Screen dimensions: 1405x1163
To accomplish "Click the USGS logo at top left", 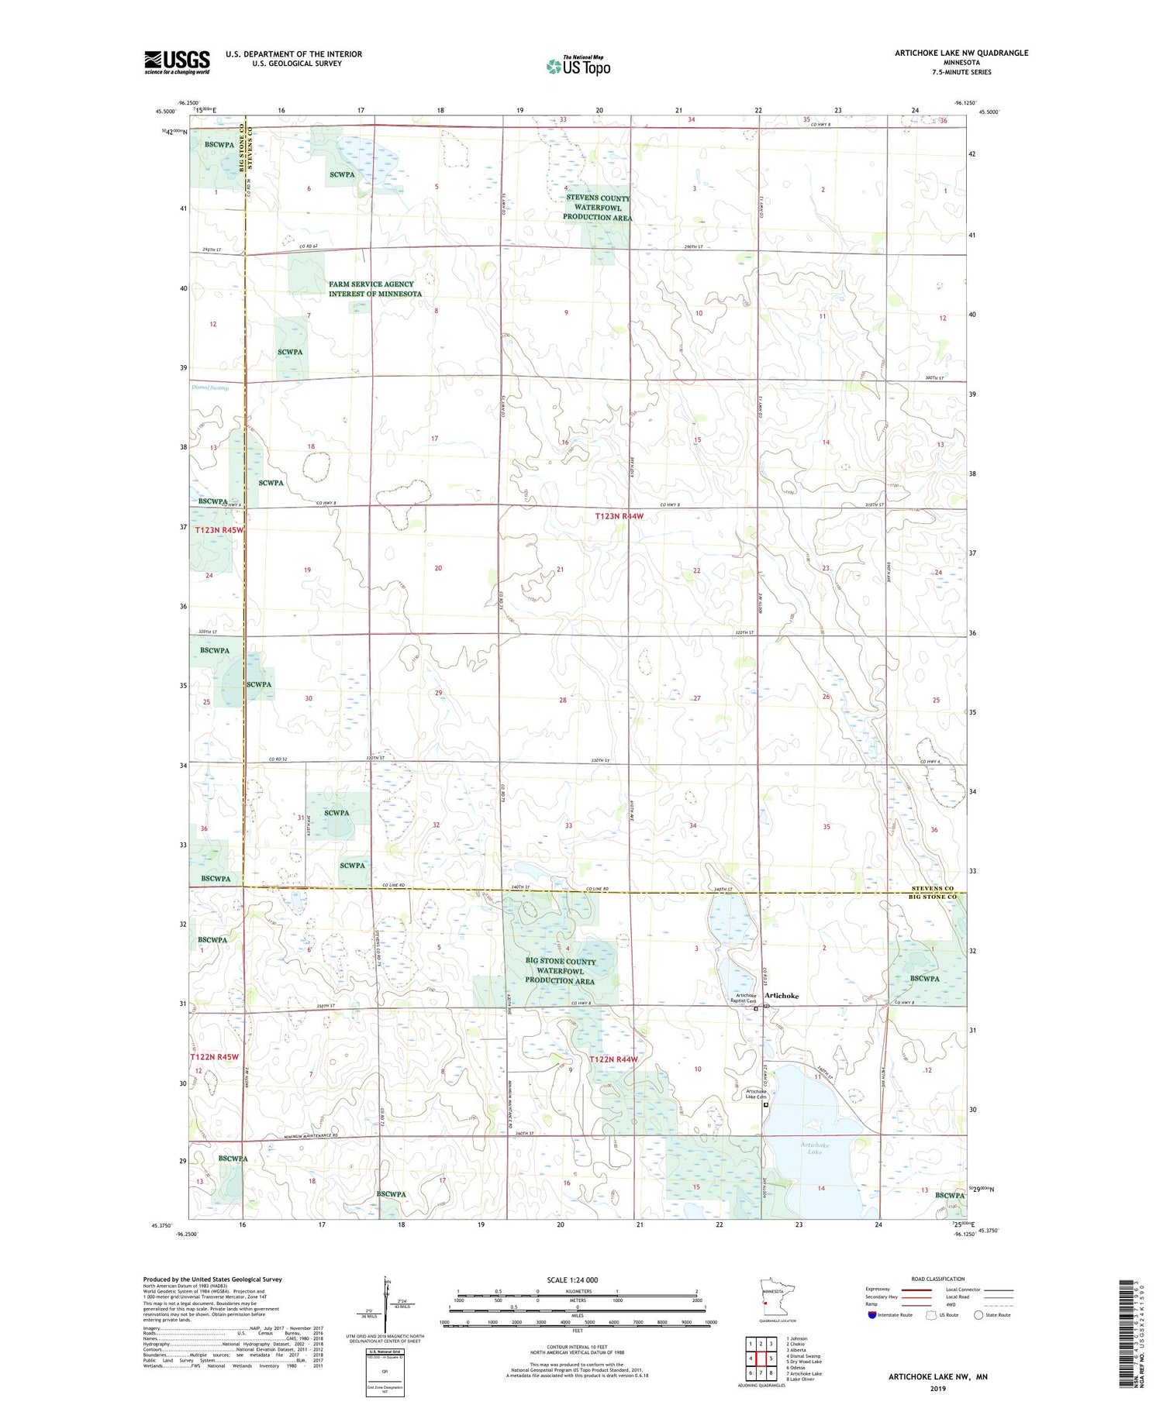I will pyautogui.click(x=177, y=62).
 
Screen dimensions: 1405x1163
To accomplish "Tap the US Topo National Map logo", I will pyautogui.click(x=578, y=66).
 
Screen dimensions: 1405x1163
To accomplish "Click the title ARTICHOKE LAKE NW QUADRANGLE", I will pyautogui.click(x=961, y=53).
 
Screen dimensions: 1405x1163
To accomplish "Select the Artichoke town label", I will pyautogui.click(x=782, y=996).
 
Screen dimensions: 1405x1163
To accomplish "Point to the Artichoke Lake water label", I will pyautogui.click(x=815, y=1148).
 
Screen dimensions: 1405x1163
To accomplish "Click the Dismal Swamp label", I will pyautogui.click(x=210, y=387).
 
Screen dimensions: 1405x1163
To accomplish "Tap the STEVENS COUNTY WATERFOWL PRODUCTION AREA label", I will pyautogui.click(x=598, y=208).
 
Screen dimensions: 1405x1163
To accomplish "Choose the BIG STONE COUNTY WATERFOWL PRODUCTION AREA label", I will pyautogui.click(x=560, y=971).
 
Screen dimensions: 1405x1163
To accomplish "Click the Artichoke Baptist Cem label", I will pyautogui.click(x=745, y=998).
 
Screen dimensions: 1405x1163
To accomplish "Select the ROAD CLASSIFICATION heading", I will pyautogui.click(x=938, y=1279).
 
